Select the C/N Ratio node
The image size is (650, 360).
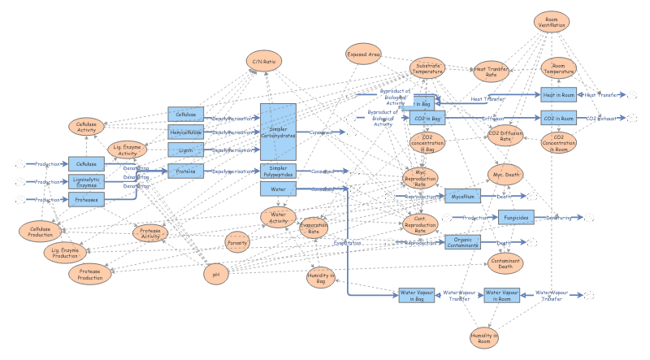click(264, 60)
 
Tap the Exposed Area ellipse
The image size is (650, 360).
click(363, 55)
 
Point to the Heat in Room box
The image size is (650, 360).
click(558, 95)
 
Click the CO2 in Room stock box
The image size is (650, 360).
click(558, 119)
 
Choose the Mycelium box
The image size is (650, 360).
click(461, 196)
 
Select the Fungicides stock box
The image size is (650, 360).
click(515, 217)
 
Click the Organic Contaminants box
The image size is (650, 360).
click(462, 241)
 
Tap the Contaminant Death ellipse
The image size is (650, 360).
click(505, 262)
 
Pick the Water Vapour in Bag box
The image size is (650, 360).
click(417, 295)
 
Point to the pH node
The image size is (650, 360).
click(216, 274)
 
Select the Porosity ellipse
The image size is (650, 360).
click(238, 242)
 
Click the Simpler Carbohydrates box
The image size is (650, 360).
click(278, 131)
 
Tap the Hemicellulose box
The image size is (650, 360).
click(186, 132)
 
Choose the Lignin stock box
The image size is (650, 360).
click(186, 150)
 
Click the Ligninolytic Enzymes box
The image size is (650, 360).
click(86, 182)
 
